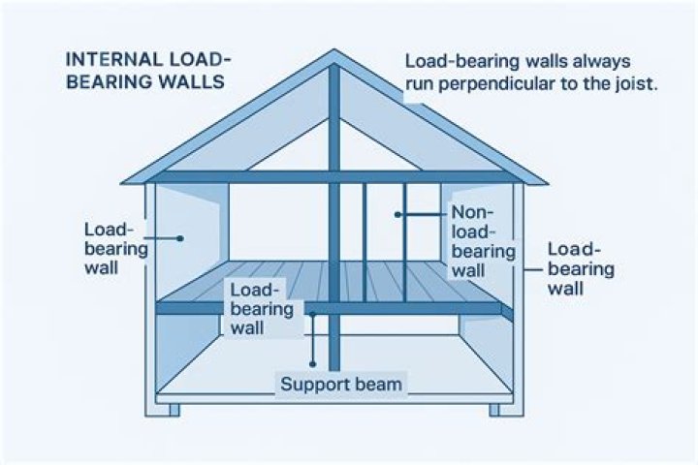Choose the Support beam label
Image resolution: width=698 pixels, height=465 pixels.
click(340, 384)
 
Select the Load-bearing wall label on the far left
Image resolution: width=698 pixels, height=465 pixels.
click(115, 248)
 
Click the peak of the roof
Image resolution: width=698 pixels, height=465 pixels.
click(334, 51)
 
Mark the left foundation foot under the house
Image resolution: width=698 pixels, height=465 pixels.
click(174, 410)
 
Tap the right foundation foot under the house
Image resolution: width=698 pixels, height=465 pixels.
click(494, 410)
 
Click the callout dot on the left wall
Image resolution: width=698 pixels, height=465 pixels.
click(180, 235)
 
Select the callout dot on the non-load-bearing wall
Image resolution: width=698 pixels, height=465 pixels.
click(398, 213)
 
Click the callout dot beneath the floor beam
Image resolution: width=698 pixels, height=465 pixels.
click(313, 314)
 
